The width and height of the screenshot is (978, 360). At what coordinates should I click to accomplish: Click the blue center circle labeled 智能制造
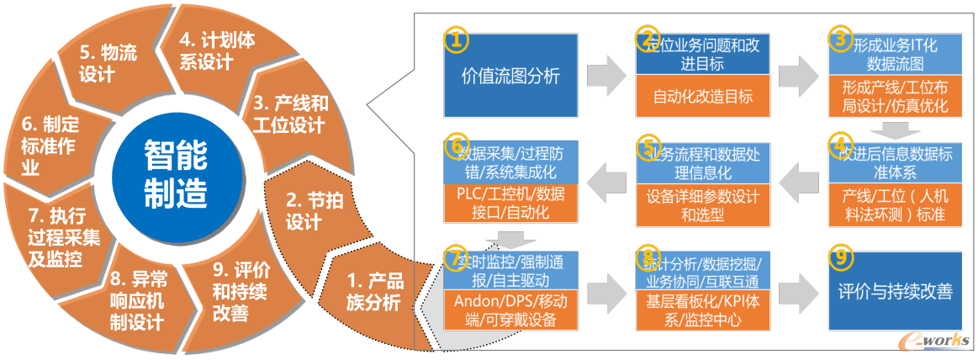(175, 173)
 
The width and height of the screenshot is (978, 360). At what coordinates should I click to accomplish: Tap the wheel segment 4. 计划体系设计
(206, 50)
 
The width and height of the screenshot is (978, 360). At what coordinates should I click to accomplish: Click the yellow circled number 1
(454, 40)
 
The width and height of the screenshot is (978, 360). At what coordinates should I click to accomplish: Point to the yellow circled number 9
(838, 258)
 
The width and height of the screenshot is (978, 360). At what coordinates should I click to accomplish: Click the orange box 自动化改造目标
(703, 95)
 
